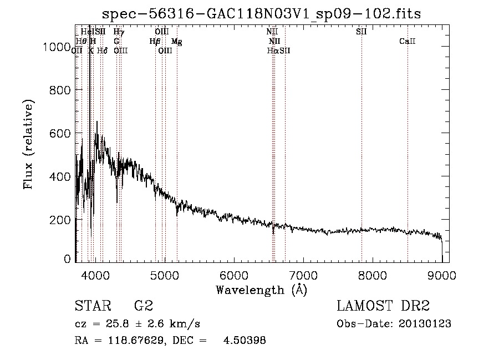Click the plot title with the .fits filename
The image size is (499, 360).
262,14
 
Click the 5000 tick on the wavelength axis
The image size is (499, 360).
164,274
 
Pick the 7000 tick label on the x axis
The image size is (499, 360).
303,274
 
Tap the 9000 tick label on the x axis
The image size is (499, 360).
442,274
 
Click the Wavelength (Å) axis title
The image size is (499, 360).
261,290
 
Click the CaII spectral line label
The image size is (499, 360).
408,42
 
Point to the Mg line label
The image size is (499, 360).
176,42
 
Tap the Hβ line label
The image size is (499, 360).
155,42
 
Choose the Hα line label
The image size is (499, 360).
272,50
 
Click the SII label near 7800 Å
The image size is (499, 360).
361,32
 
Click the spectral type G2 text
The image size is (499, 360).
144,306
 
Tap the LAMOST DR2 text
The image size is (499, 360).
383,306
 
